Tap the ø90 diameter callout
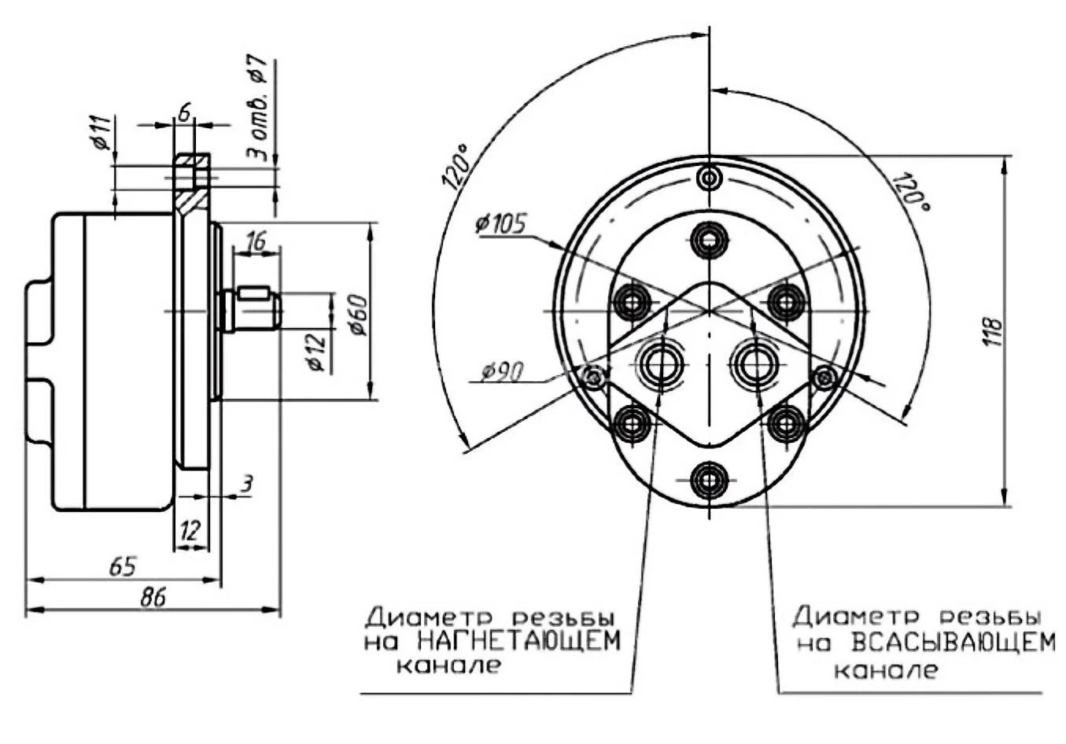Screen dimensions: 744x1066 coord(504,370)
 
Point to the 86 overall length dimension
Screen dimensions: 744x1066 coord(153,598)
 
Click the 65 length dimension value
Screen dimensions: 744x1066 coord(122,566)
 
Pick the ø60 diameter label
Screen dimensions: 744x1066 coord(359,315)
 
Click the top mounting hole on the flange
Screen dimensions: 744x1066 coord(710,178)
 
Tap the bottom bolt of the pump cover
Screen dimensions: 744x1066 coord(710,479)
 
